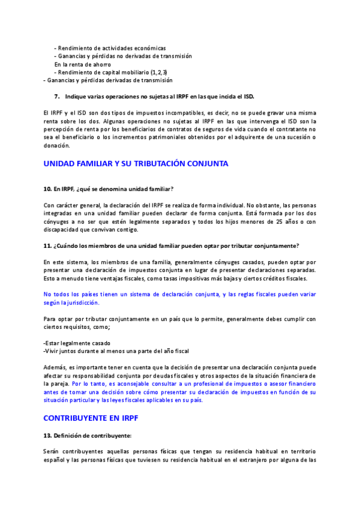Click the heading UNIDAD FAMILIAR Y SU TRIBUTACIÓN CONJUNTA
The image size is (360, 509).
136,163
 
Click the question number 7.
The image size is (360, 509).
56,96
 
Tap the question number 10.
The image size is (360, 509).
47,190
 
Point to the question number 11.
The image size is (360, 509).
47,247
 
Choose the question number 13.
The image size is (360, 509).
47,435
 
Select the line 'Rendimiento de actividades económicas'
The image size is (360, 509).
110,48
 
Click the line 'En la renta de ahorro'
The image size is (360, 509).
82,64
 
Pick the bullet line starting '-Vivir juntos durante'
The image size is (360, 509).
116,351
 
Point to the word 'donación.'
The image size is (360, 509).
56,145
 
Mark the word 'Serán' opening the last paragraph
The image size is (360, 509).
52,451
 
